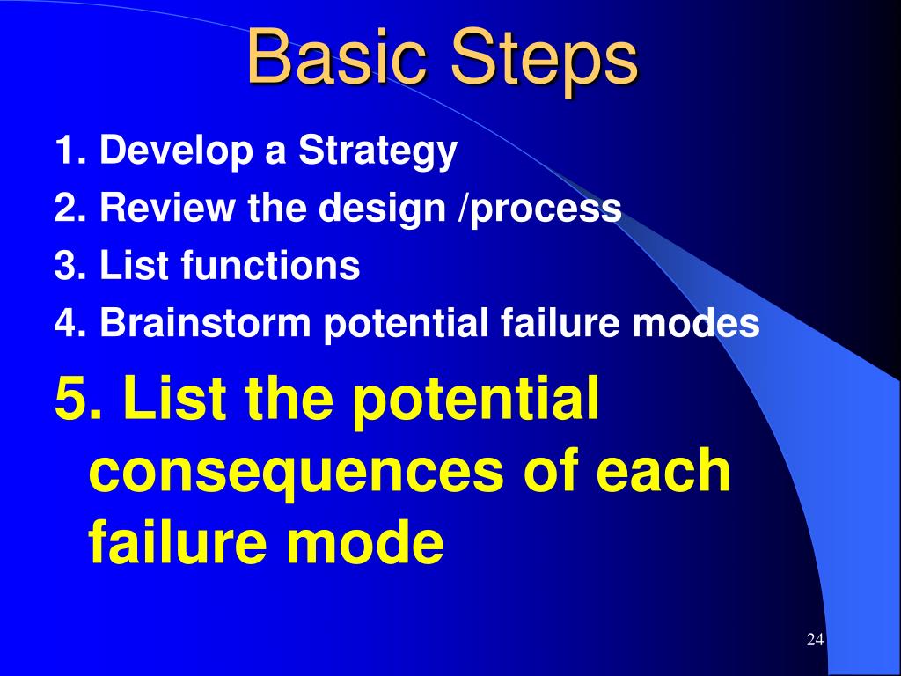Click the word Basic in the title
pos(337,57)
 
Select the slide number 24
pos(815,640)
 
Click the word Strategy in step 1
pos(377,152)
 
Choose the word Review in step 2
pos(167,207)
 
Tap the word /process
pos(539,210)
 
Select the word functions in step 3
pos(270,265)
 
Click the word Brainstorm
pos(205,322)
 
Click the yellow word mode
pos(364,541)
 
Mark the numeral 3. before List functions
pos(70,265)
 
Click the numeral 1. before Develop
pos(70,150)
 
